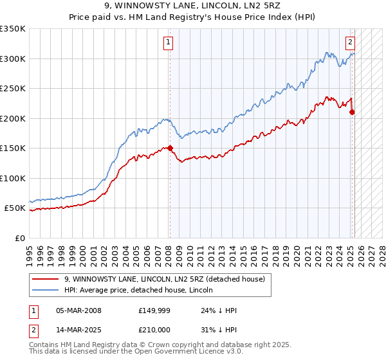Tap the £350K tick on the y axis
[13, 29]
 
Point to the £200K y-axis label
[13, 118]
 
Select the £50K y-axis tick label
[15, 208]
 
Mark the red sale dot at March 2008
[170, 148]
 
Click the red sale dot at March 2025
[352, 112]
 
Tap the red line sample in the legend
[46, 280]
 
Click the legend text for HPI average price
[138, 291]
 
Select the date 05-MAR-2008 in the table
[78, 310]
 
